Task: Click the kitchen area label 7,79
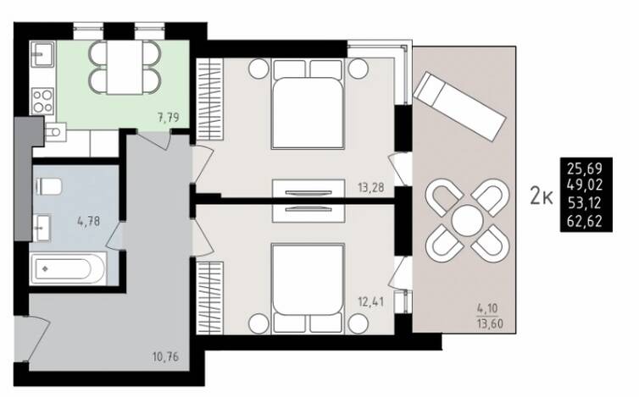[x=169, y=118]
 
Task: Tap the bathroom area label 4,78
[x=88, y=222]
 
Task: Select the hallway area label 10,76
[x=165, y=357]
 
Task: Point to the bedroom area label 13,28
[x=371, y=188]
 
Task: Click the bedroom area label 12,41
[x=371, y=302]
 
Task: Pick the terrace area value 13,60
[x=490, y=324]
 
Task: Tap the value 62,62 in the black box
[x=585, y=221]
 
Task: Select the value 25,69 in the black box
[x=585, y=168]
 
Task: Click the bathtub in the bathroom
[x=68, y=268]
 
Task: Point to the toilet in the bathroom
[x=48, y=187]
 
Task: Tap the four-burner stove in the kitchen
[x=42, y=101]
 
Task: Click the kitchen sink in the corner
[x=42, y=53]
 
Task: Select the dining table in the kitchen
[x=125, y=67]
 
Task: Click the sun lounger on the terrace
[x=459, y=107]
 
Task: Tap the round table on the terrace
[x=467, y=220]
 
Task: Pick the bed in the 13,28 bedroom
[x=308, y=104]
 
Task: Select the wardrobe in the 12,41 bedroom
[x=210, y=298]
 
